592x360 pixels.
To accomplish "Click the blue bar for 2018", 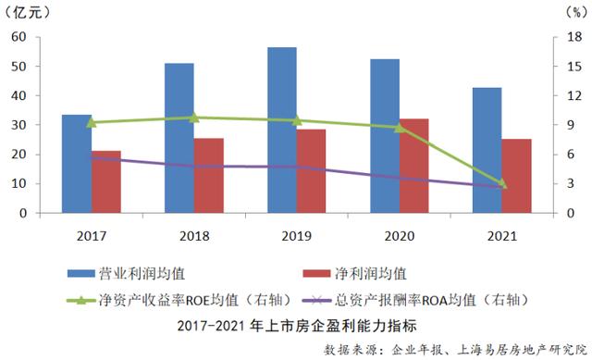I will pos(179,138).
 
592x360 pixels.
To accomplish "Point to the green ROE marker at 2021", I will pos(502,184).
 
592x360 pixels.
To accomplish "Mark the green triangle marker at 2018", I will pos(194,118).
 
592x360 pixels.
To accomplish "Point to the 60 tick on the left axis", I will pos(18,38).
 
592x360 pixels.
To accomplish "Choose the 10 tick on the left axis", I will pos(18,183).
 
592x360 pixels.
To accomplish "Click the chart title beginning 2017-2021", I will pos(296,326).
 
